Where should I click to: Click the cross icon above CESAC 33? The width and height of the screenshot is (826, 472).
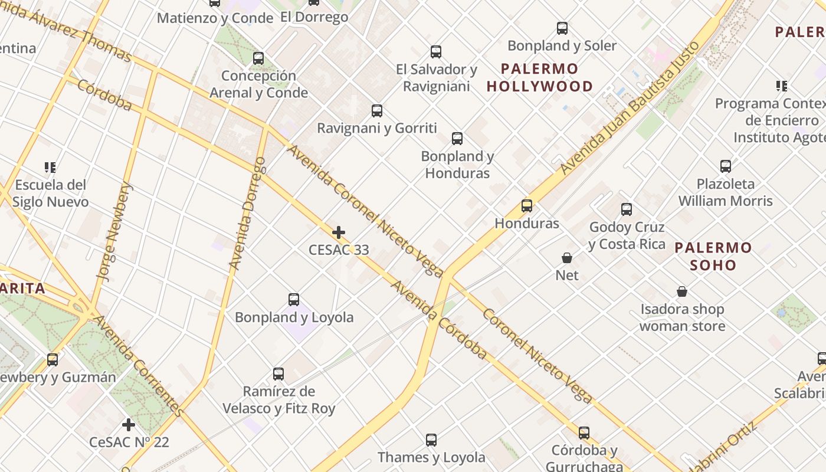click(339, 232)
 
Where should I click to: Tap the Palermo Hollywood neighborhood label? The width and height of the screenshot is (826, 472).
click(539, 78)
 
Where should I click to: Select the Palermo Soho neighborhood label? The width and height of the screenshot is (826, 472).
click(713, 256)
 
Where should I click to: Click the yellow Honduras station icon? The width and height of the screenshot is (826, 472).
click(527, 206)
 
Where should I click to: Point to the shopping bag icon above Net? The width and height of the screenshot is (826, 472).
click(567, 258)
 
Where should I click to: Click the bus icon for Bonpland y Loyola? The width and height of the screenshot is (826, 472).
click(294, 300)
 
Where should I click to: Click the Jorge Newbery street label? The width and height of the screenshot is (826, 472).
click(116, 231)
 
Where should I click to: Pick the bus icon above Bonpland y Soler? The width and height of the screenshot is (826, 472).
click(562, 28)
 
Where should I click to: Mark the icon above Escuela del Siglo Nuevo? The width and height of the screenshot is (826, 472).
click(50, 168)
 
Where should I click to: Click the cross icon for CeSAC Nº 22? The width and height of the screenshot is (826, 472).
click(129, 425)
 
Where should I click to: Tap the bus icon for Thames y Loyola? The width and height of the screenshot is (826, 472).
click(431, 440)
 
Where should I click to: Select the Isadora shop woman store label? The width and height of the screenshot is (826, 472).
click(682, 317)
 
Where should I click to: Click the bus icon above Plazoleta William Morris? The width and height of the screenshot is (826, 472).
click(726, 166)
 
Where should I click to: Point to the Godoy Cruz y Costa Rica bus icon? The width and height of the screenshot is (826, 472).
click(627, 209)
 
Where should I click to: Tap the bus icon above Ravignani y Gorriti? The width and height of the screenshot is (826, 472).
click(377, 111)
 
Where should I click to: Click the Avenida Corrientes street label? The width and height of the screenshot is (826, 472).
click(136, 365)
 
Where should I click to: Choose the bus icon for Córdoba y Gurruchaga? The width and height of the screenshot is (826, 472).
click(584, 433)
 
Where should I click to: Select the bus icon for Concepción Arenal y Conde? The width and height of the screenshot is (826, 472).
click(258, 58)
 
